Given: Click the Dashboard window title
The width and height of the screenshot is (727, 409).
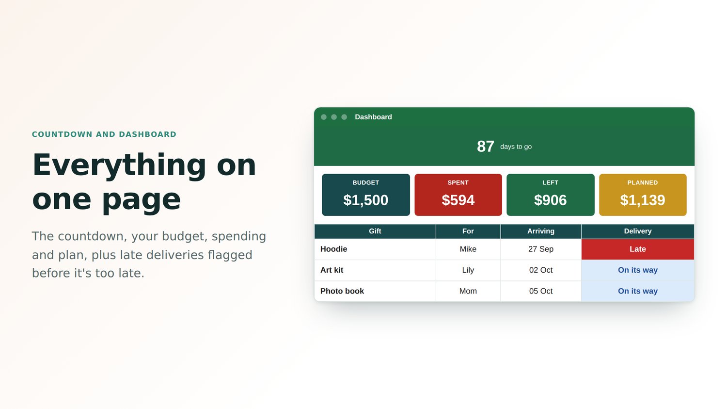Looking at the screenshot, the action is (373, 117).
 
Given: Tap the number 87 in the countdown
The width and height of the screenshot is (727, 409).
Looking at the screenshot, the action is (485, 147).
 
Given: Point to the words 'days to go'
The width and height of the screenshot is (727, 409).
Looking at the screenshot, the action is (516, 147).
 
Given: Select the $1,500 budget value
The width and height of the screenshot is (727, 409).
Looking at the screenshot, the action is (366, 200).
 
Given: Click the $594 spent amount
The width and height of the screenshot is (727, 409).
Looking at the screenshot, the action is (458, 200).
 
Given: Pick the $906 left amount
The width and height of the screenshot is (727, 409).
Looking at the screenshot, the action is (551, 200).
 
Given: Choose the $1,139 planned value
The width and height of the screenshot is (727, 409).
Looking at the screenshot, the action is (643, 200).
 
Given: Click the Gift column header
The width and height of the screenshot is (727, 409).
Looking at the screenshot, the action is (375, 231).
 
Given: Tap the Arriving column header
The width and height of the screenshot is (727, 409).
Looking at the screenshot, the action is (541, 231).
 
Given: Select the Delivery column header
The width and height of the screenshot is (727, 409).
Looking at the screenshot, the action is (638, 231).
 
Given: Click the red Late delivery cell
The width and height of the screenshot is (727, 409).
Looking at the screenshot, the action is (638, 249).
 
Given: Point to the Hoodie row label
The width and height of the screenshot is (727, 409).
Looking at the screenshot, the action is (333, 249).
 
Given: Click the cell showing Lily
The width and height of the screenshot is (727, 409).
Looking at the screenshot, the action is (468, 270).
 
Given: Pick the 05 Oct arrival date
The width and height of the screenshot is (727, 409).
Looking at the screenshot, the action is (541, 291).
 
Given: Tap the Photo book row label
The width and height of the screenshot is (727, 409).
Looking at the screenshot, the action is (342, 291).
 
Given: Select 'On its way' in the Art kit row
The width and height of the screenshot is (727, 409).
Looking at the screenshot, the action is (638, 270).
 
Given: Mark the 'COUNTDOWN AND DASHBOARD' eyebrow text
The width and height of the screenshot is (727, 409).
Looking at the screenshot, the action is (104, 134).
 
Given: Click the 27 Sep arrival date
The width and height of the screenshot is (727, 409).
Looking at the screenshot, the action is (541, 249).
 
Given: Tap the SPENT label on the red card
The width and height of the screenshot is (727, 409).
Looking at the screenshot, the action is (458, 182).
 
